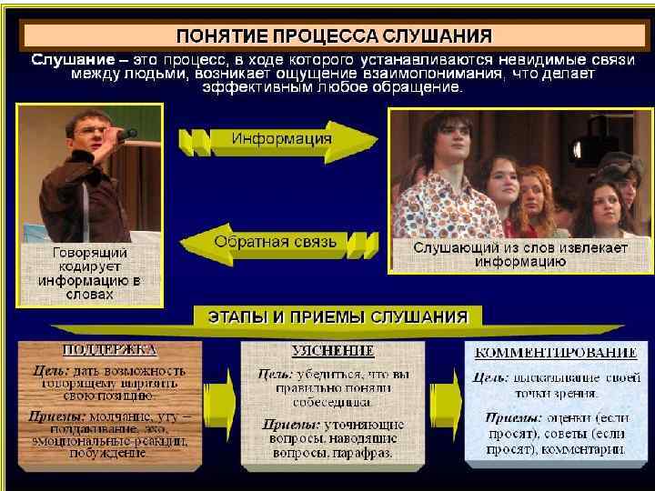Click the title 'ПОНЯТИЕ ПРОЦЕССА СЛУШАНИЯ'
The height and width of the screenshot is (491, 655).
pyautogui.click(x=334, y=36)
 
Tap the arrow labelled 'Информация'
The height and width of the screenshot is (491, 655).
pyautogui.click(x=281, y=139)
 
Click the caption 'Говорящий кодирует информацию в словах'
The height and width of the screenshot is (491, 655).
pyautogui.click(x=89, y=272)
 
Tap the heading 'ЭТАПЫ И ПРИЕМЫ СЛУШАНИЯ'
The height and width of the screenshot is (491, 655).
pyautogui.click(x=332, y=317)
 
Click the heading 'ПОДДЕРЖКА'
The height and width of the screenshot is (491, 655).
pyautogui.click(x=109, y=349)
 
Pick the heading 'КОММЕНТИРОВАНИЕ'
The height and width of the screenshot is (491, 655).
pyautogui.click(x=550, y=352)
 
